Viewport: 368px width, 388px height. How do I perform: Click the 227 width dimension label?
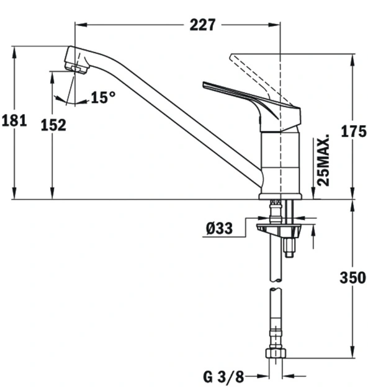[202, 25]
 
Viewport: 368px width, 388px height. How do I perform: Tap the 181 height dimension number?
[14, 121]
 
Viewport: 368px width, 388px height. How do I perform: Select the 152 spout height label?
[53, 125]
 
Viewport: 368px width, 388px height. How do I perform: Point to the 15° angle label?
[103, 97]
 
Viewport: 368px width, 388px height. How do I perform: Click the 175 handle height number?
[354, 131]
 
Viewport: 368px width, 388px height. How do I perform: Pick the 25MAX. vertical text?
[323, 161]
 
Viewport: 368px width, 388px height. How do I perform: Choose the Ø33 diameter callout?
[219, 228]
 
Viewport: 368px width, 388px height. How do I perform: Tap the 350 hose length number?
[352, 278]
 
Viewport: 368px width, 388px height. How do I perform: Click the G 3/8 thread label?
[223, 377]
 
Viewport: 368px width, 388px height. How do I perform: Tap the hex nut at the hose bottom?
[276, 353]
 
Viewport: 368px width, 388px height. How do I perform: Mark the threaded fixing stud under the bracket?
[289, 247]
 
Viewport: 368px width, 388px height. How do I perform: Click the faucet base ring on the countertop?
[280, 196]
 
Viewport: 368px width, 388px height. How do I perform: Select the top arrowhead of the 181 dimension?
[15, 52]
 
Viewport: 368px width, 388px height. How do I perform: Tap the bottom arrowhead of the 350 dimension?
[352, 352]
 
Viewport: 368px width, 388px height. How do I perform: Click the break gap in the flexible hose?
[276, 284]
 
